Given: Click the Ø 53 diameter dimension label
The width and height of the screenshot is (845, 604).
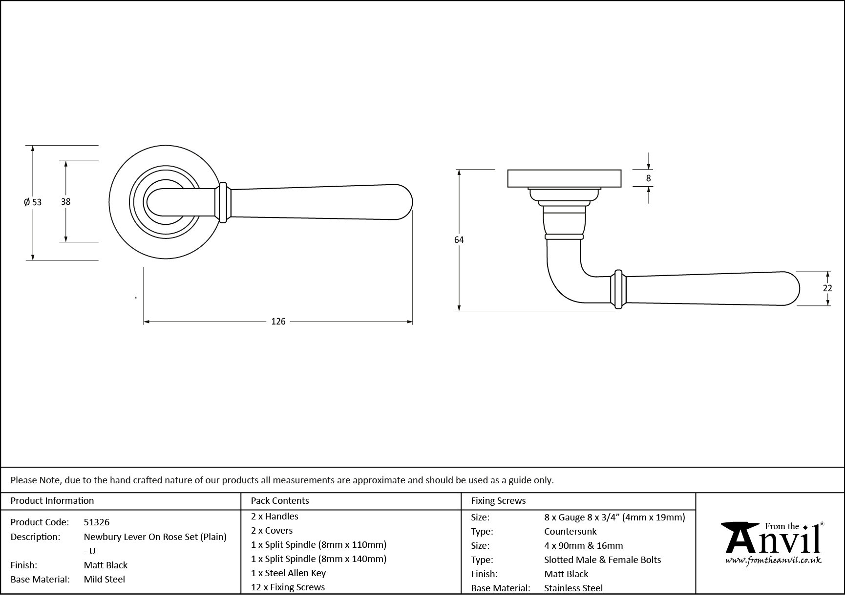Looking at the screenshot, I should pyautogui.click(x=33, y=202).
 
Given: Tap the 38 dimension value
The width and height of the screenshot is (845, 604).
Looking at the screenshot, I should pyautogui.click(x=65, y=201).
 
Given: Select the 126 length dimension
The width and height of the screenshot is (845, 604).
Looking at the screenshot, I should pyautogui.click(x=278, y=322).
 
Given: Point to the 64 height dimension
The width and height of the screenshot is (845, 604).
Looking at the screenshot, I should pyautogui.click(x=459, y=239).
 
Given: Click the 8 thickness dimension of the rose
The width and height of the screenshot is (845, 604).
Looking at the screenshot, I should pyautogui.click(x=648, y=178).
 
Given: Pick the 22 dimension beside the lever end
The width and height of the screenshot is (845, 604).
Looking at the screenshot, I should pyautogui.click(x=827, y=288).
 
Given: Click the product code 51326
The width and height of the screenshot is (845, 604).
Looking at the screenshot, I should pyautogui.click(x=97, y=522).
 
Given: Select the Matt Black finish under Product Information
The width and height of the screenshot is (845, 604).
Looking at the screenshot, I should pyautogui.click(x=106, y=565).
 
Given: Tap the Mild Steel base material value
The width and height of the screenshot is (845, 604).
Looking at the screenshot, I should pyautogui.click(x=104, y=579).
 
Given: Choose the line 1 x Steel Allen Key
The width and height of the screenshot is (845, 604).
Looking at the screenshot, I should pyautogui.click(x=288, y=573).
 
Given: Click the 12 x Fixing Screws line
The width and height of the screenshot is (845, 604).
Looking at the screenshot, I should pyautogui.click(x=288, y=587).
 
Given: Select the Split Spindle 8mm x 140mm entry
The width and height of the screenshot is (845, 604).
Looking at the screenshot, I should pyautogui.click(x=318, y=559).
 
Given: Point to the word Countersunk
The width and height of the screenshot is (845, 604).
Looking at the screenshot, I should pyautogui.click(x=570, y=531).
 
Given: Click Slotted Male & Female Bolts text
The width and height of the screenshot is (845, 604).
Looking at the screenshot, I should pyautogui.click(x=602, y=560).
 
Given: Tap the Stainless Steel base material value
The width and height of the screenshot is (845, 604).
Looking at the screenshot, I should pyautogui.click(x=573, y=588).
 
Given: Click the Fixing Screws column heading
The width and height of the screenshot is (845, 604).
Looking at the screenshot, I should pyautogui.click(x=498, y=500).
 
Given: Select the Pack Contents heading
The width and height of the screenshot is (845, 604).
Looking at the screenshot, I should pyautogui.click(x=279, y=500).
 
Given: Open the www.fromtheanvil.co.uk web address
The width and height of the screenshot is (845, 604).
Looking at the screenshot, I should pyautogui.click(x=773, y=561).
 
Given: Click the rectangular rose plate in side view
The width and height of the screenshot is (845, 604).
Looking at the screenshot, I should pyautogui.click(x=564, y=178).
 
